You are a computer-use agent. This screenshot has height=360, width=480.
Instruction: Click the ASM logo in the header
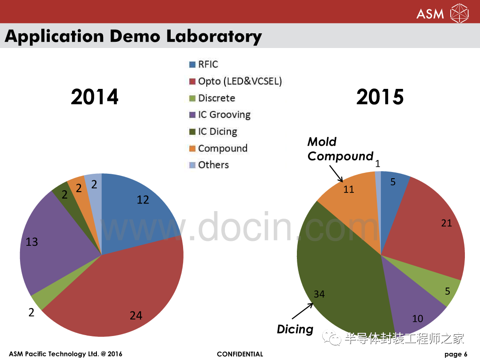(442, 13)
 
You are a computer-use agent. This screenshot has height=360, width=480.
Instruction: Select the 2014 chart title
(95, 97)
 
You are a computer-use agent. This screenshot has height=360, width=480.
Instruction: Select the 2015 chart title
(380, 97)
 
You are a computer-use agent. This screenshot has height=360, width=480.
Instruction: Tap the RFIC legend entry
(204, 64)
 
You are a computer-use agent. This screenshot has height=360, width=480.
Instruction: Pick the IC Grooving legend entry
(220, 115)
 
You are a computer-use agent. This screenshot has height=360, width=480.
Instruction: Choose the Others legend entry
(209, 165)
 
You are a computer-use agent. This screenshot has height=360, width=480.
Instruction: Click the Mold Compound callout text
(340, 149)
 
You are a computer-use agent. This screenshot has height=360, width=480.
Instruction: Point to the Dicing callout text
(295, 329)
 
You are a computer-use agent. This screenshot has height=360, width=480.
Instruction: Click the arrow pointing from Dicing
(303, 311)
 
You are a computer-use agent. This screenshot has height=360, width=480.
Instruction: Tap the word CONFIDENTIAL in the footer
(240, 354)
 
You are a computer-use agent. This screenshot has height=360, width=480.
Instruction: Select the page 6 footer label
(456, 354)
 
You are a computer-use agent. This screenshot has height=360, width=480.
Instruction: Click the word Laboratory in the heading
(214, 36)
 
